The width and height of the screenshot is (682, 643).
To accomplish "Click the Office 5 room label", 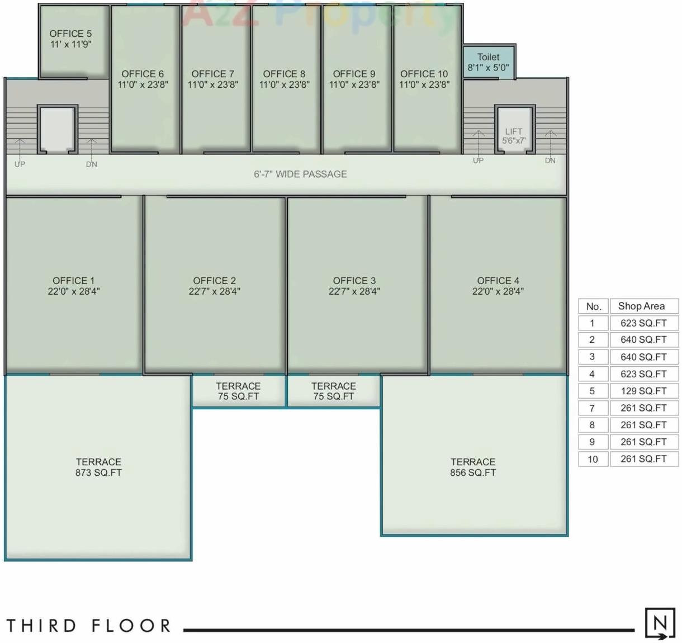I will click(70, 34).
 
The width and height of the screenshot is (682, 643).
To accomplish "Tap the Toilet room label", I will click(488, 57).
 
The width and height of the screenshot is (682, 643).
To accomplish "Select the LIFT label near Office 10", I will click(513, 132).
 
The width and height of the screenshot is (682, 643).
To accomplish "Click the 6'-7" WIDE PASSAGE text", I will click(300, 174).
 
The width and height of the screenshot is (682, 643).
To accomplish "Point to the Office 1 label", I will click(73, 281).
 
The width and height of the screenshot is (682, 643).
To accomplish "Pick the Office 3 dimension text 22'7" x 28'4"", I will click(354, 291).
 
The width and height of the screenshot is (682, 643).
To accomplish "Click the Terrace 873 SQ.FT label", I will click(98, 467).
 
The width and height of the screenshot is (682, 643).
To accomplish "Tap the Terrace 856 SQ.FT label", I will click(473, 467).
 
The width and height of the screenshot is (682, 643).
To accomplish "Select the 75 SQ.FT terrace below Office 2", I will click(238, 391).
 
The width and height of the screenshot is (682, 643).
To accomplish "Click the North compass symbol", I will click(660, 623).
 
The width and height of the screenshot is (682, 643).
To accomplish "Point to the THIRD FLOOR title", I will click(88, 626).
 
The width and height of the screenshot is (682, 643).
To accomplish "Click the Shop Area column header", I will click(641, 306).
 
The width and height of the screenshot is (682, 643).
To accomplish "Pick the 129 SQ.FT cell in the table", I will click(643, 391).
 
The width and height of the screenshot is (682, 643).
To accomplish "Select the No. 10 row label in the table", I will click(593, 459).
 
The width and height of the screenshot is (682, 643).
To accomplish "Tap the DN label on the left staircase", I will click(92, 164).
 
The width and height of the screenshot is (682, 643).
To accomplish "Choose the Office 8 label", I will click(284, 74).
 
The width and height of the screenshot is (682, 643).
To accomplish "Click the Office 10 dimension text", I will click(424, 85).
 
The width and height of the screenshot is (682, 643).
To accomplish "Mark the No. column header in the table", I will click(593, 306).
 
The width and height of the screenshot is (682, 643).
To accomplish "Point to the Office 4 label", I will click(498, 281).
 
